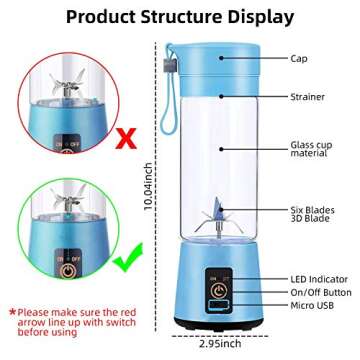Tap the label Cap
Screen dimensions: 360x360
297,60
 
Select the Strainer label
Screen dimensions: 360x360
306,97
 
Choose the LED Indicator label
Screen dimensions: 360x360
315,270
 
